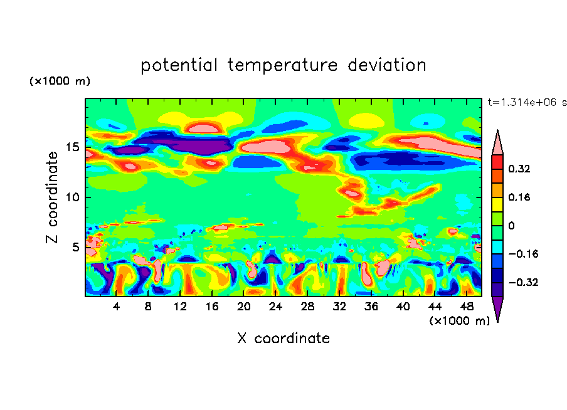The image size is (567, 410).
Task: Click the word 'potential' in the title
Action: coord(179,66)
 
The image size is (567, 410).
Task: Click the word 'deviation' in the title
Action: coord(387,65)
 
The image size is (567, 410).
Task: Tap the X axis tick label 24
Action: coord(275,307)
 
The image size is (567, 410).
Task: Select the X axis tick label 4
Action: coord(116,307)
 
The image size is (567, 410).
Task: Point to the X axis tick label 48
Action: coord(467,307)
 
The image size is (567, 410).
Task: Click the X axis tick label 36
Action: coord(371,307)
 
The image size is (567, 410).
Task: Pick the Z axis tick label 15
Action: coord(72,147)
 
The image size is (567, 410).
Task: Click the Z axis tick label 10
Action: coord(72,197)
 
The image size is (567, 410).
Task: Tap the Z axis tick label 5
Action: coord(75,247)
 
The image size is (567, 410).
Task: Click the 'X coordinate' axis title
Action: coord(283,339)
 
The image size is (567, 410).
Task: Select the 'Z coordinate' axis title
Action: coord(51,197)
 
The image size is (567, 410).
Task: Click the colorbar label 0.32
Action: coord(519,169)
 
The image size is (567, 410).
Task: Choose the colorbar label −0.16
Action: coord(523,254)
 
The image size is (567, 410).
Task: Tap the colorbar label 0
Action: coord(511,226)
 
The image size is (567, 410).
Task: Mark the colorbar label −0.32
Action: coord(523,282)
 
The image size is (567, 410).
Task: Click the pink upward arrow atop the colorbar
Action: coord(497,143)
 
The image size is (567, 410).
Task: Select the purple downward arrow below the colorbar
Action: coord(497,308)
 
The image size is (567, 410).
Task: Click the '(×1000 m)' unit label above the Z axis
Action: coord(60,81)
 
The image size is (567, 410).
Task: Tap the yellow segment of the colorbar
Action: coord(497,204)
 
